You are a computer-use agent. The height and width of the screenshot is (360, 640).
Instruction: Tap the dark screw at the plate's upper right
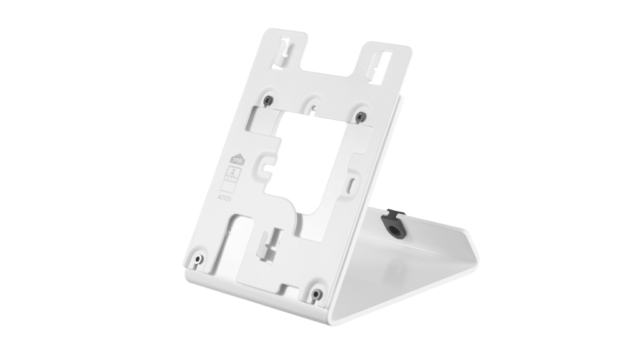click(360, 116)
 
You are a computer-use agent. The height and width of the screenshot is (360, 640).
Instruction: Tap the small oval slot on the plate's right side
click(354, 183)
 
